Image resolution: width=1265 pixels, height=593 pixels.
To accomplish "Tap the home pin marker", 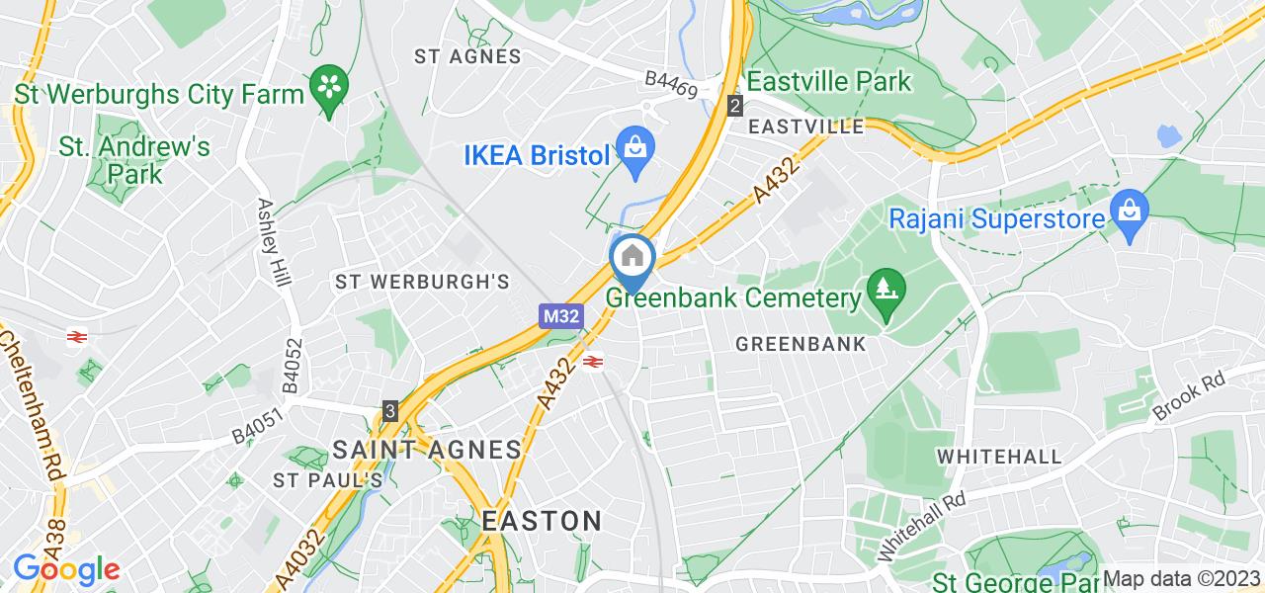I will (632, 259).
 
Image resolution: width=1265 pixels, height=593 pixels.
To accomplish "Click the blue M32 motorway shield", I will (560, 316).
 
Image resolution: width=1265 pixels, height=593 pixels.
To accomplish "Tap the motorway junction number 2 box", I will (734, 106).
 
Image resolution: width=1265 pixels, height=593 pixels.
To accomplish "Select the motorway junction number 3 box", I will (391, 410).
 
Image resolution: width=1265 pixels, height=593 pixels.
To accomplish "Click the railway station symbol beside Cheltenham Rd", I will (76, 337).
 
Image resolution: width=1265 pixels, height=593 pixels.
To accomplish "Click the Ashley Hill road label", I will (274, 242).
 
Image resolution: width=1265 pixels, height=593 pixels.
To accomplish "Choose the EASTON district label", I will (543, 520).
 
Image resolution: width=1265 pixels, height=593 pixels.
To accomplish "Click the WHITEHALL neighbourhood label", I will (999, 457).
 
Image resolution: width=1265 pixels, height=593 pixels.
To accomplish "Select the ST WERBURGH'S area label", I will (422, 282).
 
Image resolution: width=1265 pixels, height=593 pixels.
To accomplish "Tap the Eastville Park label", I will (830, 80).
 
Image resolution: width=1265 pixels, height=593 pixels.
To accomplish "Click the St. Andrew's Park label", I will (135, 161).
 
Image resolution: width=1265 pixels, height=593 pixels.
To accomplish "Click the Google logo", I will (65, 569).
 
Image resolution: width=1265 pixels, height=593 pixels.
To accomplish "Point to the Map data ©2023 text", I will (1182, 578).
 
